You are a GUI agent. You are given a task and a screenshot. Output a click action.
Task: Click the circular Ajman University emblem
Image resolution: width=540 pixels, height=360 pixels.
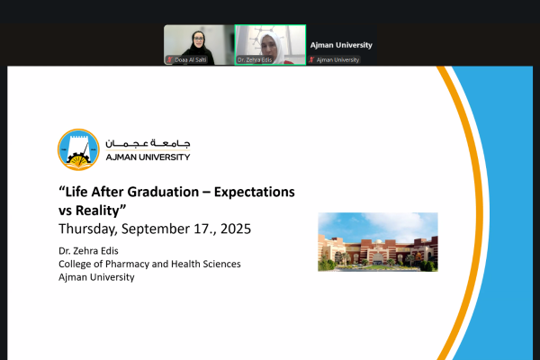pos(78,150)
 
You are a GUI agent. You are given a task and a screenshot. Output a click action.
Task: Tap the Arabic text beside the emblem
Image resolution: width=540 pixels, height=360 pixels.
pos(148,143)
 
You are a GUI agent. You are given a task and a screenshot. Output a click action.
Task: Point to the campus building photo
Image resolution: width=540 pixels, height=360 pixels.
pos(378,241)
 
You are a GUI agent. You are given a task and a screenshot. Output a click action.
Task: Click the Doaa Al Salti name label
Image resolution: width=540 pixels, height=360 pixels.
pos(193,60)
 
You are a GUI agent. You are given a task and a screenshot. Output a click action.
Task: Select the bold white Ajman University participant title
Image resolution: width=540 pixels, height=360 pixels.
pos(341,45)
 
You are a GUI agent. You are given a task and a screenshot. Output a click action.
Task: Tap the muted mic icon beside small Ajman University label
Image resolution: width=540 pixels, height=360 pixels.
pos(312,60)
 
